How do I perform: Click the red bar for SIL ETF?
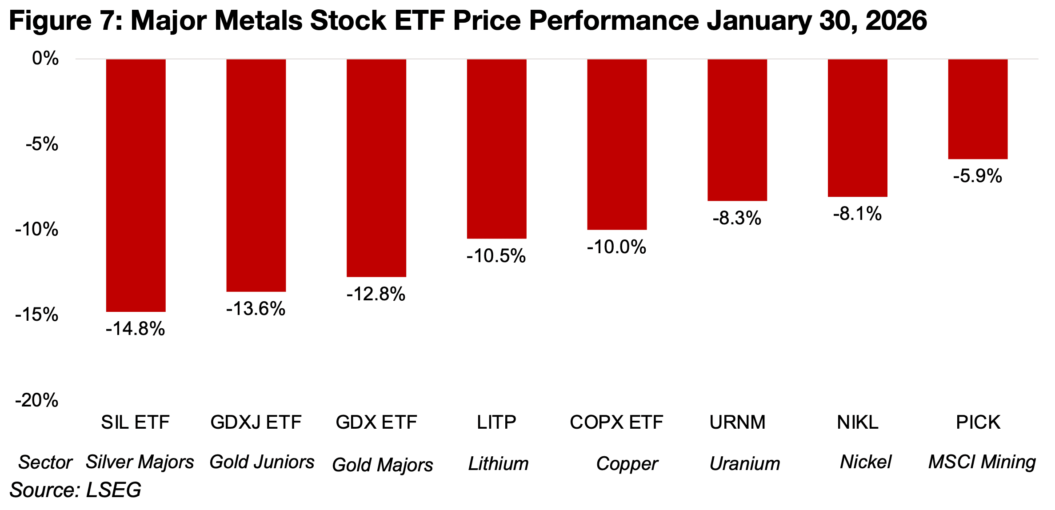tap(136, 185)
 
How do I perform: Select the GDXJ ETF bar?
tap(256, 175)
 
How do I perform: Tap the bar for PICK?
tap(978, 109)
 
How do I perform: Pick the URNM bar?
tap(737, 130)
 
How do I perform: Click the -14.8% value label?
tap(135, 329)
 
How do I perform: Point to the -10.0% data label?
tap(616, 247)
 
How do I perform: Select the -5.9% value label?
tap(978, 176)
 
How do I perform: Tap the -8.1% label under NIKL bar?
tap(857, 214)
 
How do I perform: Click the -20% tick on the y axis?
tap(37, 401)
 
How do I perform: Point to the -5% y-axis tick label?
tap(42, 144)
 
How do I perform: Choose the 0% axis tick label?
tap(45, 58)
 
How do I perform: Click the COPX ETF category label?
tap(616, 422)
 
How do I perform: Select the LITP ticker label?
tap(496, 422)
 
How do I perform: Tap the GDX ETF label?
tap(376, 422)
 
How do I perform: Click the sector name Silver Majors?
tap(140, 462)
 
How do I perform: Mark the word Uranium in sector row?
tap(745, 464)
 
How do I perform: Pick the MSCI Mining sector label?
tap(982, 462)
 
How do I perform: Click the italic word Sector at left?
tap(45, 462)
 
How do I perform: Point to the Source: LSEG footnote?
tap(76, 490)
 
